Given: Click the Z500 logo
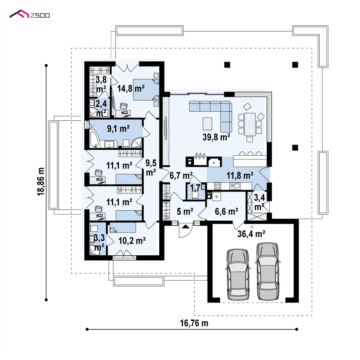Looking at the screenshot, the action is click(30, 14).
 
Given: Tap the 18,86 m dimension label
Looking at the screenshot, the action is click(41, 182).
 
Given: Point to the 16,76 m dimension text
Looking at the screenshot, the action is click(194, 323).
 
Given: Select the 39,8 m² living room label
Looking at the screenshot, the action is click(216, 137).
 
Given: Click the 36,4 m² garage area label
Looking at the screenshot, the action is click(251, 234).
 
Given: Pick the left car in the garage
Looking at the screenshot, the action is click(238, 275).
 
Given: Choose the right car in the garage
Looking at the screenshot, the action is click(268, 271).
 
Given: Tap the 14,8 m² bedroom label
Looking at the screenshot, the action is click(131, 88).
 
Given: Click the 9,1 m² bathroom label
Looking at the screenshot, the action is click(118, 128).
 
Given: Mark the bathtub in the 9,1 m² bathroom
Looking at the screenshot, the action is click(94, 139).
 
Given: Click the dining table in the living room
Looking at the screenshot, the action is click(250, 124).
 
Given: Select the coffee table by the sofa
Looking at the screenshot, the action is click(207, 124).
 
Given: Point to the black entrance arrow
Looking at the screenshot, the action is click(186, 227).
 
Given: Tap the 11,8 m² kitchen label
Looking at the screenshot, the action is click(240, 176).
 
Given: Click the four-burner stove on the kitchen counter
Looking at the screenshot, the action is click(217, 186).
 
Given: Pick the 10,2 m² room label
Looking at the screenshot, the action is click(132, 241).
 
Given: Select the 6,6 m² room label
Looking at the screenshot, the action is click(226, 212).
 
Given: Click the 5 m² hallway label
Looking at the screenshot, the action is click(185, 212).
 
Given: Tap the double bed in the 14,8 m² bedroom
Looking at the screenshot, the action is click(146, 90).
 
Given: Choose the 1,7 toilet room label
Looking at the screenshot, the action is click(195, 187).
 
